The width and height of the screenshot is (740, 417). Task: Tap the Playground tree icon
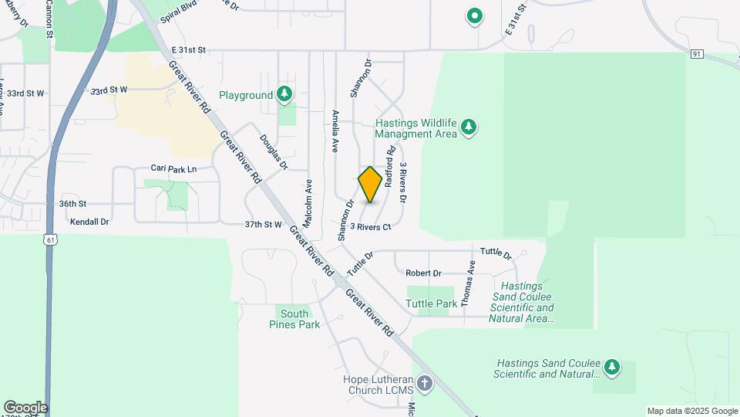pyautogui.click(x=285, y=94)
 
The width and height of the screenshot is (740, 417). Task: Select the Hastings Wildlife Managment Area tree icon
pyautogui.click(x=468, y=128)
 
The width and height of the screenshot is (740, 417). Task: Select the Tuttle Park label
pyautogui.click(x=432, y=303)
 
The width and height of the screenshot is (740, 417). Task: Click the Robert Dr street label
pyautogui.click(x=423, y=273)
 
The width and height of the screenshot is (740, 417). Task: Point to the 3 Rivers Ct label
pyautogui.click(x=371, y=227)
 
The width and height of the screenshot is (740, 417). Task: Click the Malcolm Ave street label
pyautogui.click(x=307, y=204)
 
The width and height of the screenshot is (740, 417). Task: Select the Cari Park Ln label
pyautogui.click(x=173, y=168)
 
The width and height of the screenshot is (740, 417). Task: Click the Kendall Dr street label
pyautogui.click(x=89, y=222)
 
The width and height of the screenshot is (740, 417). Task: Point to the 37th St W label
pyautogui.click(x=264, y=225)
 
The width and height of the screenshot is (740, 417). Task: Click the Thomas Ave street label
pyautogui.click(x=469, y=283)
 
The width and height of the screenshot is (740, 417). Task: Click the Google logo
pyautogui.click(x=25, y=408)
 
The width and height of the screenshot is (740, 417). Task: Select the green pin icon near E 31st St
pyautogui.click(x=476, y=15)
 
